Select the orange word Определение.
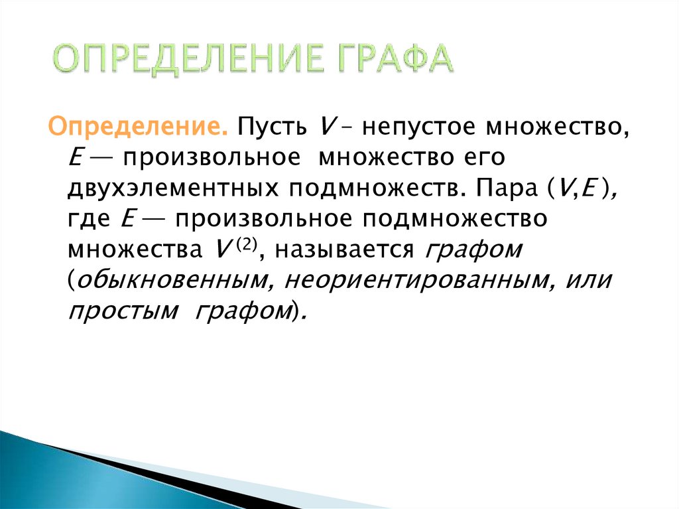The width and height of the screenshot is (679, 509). (x=137, y=126)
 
